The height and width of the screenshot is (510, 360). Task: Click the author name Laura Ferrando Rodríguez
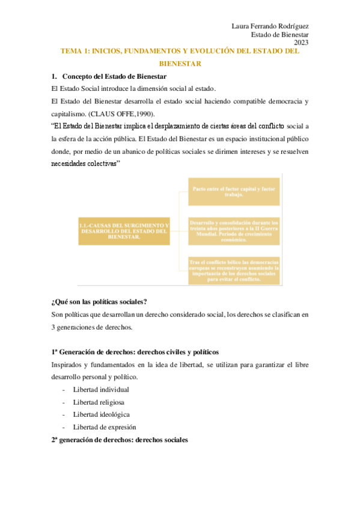270,26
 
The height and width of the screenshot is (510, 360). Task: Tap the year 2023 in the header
301,43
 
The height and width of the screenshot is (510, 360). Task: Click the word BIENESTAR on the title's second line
180,63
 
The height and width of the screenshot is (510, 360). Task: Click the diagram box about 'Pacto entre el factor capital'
234,192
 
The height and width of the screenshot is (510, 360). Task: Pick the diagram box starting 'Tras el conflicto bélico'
234,270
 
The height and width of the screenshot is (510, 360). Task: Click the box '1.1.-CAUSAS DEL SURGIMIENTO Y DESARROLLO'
124,230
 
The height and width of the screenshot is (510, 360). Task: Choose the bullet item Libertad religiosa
100,402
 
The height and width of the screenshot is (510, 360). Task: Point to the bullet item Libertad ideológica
101,414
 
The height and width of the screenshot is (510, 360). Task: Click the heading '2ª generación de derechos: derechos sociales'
120,440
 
